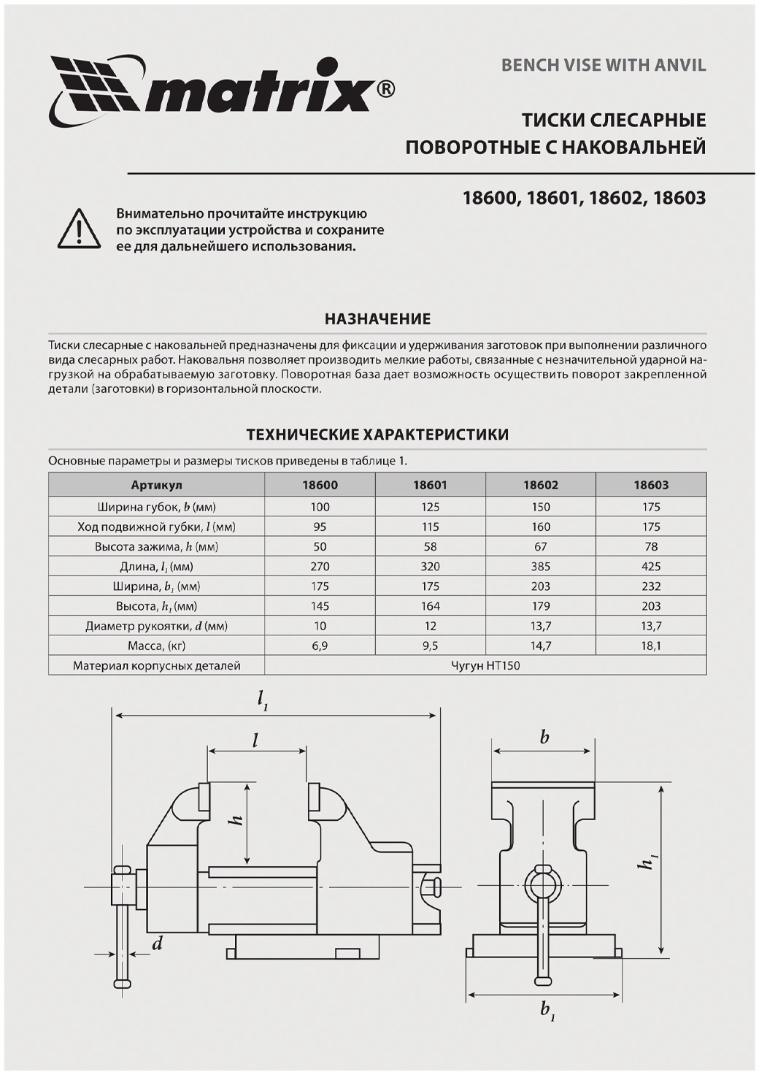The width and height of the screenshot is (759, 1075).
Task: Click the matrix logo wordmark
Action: [263, 93]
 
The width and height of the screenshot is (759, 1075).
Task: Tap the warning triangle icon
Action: [79, 229]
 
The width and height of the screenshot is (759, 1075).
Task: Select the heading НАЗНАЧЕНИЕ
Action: [377, 319]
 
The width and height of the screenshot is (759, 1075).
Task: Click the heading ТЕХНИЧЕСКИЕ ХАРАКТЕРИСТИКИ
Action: [377, 435]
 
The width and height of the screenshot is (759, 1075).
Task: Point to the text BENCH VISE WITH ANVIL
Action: [604, 66]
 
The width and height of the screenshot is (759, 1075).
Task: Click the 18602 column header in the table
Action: [541, 485]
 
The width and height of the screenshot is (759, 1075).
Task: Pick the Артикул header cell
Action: [156, 485]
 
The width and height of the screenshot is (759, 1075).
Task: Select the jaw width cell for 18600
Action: [320, 507]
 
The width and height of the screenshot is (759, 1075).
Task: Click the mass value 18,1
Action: [651, 646]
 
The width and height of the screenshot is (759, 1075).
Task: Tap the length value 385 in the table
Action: [541, 566]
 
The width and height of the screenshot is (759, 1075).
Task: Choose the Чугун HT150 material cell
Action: [485, 665]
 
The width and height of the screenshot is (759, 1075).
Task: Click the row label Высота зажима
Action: [156, 546]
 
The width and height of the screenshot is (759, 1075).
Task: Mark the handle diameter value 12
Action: [431, 626]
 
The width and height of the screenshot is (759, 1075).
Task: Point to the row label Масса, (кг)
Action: [156, 646]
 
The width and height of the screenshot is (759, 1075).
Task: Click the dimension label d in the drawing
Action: [157, 944]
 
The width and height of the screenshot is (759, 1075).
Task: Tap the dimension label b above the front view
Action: [544, 738]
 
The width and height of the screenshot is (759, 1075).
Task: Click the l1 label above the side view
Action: [263, 700]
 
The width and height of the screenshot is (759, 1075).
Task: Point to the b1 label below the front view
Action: [547, 1011]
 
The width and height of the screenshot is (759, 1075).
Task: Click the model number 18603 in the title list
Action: [679, 198]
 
